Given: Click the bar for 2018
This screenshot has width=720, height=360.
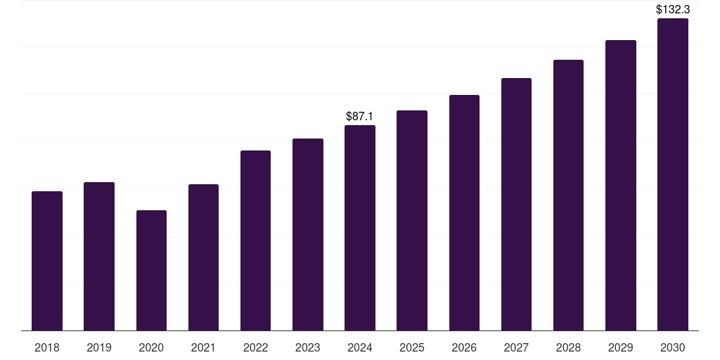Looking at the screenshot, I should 47,261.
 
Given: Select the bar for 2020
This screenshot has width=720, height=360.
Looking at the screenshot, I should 151,271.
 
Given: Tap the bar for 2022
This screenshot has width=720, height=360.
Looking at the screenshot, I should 255,240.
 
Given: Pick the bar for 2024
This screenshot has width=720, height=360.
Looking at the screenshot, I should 360,228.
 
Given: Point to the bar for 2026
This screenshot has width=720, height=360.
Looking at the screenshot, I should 464,213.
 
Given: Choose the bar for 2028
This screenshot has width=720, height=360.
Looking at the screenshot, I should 568,195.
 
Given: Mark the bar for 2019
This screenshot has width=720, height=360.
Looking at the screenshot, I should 99,257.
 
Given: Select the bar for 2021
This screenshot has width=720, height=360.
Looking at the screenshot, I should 203,257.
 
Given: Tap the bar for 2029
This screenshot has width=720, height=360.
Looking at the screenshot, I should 620,186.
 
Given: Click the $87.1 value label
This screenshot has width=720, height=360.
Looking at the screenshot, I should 360,116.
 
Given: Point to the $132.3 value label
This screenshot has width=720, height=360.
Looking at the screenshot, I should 672,10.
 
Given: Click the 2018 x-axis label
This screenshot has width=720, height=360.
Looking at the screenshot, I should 47,347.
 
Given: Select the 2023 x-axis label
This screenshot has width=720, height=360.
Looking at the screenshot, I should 307,347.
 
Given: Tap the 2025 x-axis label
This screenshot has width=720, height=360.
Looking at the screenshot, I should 412,347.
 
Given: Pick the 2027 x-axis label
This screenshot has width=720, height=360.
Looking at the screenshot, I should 516,347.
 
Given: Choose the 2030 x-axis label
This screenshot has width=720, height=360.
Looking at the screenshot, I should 672,347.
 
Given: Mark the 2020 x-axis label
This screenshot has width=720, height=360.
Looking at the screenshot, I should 151,347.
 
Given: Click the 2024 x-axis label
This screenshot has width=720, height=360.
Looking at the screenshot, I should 360,347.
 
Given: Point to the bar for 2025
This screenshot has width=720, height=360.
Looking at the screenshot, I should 412,221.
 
